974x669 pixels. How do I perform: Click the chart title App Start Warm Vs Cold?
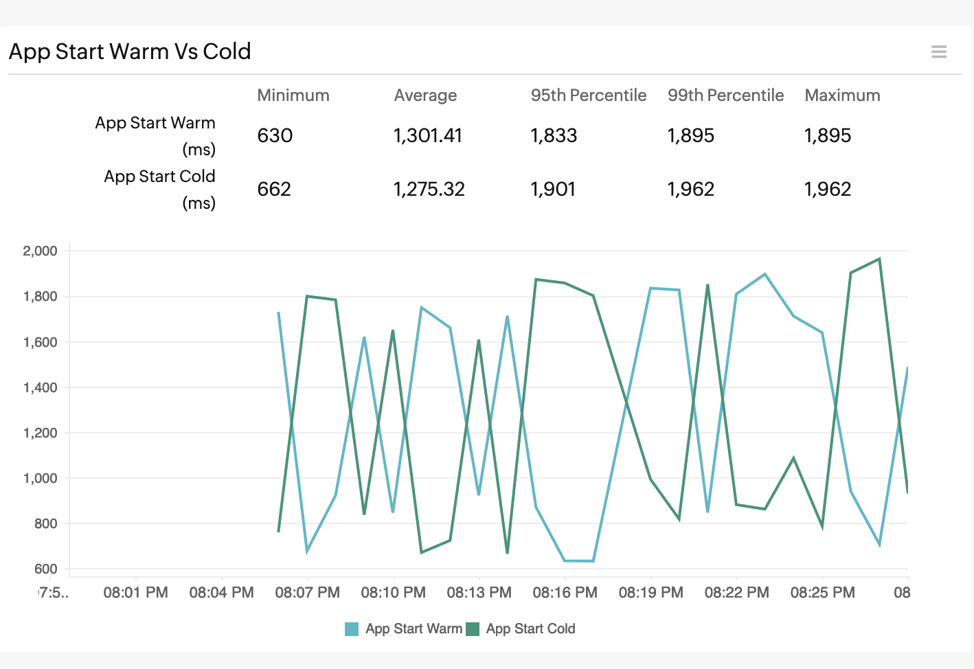(130, 52)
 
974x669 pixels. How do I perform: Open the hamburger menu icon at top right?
(938, 52)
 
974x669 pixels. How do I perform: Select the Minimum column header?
(293, 95)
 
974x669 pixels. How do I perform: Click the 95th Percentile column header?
(588, 95)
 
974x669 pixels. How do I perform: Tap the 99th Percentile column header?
(725, 95)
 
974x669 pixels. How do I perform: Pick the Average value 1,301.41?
(427, 135)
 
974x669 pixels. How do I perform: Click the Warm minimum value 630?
(275, 135)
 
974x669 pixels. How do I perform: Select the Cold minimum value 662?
(274, 189)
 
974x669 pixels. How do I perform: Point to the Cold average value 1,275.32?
(429, 189)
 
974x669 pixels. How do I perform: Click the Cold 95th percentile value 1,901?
(553, 189)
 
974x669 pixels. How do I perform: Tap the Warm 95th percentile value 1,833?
(554, 135)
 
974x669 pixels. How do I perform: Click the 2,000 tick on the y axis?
(40, 251)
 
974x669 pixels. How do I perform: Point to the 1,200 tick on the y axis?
(40, 433)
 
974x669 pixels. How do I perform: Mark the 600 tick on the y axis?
(45, 569)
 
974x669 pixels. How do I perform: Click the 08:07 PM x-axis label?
(307, 592)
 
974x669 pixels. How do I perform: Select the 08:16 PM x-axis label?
(565, 592)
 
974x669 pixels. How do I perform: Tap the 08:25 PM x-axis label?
(822, 592)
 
